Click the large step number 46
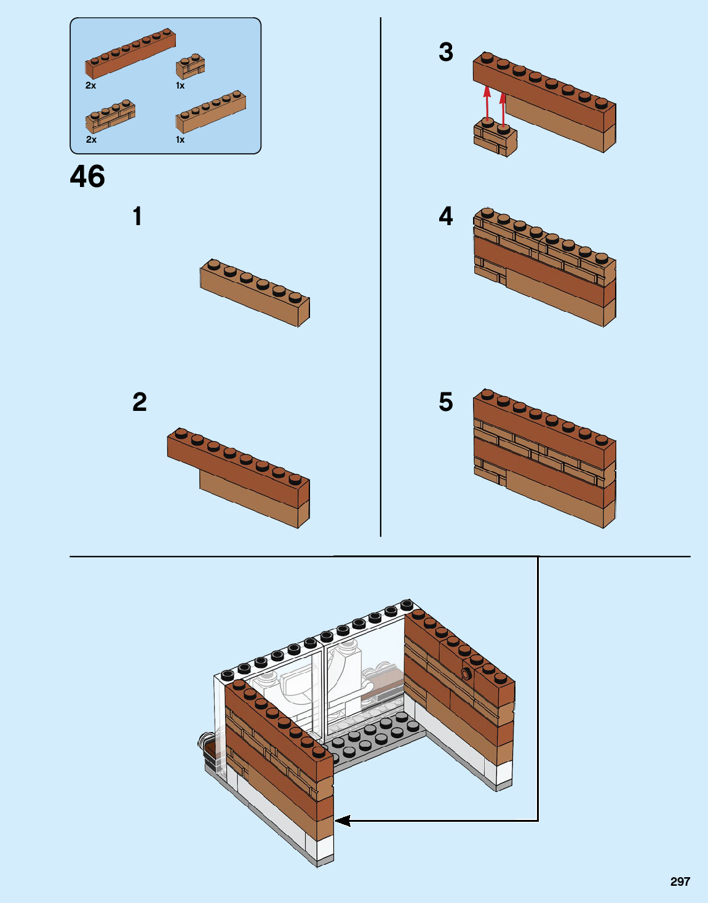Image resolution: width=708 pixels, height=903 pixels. tap(87, 177)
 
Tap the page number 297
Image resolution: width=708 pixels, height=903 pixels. tap(680, 881)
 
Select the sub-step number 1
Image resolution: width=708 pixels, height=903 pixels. tap(137, 217)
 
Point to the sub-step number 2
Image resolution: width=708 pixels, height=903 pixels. tap(140, 402)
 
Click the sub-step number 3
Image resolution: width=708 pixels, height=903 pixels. tap(446, 52)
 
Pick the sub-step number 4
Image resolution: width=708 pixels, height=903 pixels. tap(446, 217)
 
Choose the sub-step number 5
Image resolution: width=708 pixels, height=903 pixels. tap(446, 402)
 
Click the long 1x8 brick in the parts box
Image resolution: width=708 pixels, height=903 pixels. tap(130, 54)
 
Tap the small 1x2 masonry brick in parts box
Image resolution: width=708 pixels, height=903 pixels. tap(191, 66)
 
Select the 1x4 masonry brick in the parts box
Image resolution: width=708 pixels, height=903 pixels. tap(111, 116)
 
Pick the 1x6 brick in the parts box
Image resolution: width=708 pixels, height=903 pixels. tap(211, 113)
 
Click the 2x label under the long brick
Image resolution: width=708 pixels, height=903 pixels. tap(91, 86)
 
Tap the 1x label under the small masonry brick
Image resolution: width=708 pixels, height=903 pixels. tap(180, 86)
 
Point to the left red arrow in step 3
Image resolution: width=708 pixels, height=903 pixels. tap(487, 105)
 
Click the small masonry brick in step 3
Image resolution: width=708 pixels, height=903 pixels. tap(495, 138)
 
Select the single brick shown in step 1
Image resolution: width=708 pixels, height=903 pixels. tap(255, 292)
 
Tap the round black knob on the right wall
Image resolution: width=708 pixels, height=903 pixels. tap(467, 674)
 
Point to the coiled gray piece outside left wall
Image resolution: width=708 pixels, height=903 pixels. tap(205, 741)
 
